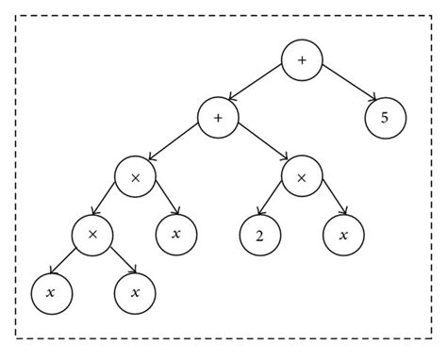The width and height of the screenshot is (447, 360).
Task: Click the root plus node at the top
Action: (x=302, y=60)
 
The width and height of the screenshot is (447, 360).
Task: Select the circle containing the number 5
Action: (x=386, y=118)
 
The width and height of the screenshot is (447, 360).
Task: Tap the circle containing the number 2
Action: (x=257, y=234)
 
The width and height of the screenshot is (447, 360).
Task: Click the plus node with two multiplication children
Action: (x=219, y=118)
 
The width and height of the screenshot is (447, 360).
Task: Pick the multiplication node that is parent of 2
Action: (x=302, y=176)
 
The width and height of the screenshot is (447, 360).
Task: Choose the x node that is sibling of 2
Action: (x=344, y=234)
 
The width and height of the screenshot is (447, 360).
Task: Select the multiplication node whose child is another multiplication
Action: (x=135, y=176)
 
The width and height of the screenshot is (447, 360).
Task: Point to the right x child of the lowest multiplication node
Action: (x=135, y=292)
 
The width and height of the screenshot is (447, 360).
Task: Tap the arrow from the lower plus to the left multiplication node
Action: (x=177, y=147)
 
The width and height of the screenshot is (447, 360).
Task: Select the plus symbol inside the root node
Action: (x=302, y=60)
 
